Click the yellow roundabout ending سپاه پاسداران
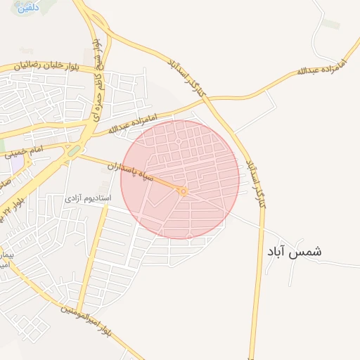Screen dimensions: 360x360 coord(182,191)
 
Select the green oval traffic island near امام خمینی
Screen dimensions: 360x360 coord(74,150)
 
